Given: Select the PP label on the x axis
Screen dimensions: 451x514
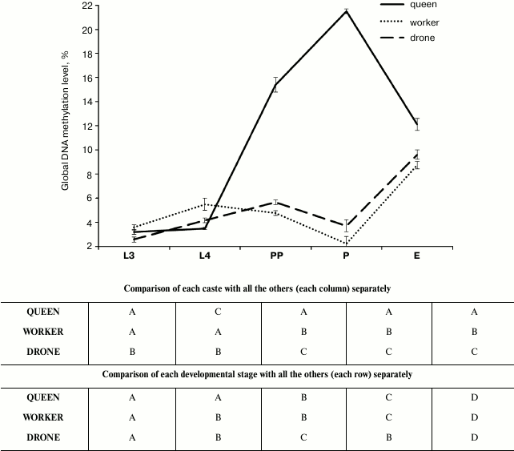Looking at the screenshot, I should (275, 258).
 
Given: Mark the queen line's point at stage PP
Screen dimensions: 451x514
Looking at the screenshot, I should (275, 85).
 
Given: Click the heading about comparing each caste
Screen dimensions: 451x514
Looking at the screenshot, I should (257, 287).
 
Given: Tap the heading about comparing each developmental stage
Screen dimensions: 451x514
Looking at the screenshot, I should (257, 373).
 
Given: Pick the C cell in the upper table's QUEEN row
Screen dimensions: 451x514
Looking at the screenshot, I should (219, 312).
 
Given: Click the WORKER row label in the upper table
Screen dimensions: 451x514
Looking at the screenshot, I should (45, 331).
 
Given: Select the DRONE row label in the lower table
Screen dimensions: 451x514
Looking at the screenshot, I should (45, 437).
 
